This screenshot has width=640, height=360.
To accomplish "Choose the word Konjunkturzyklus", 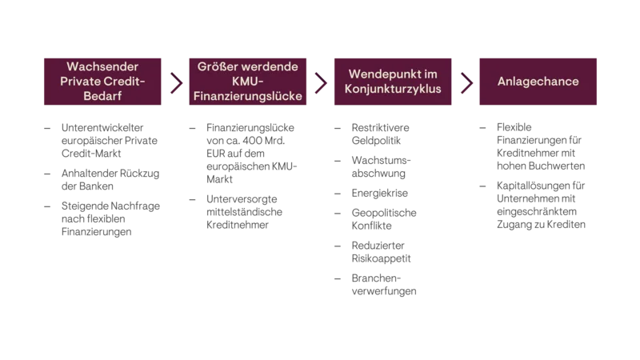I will click(x=394, y=90).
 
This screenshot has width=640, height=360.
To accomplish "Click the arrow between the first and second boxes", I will click(x=173, y=82).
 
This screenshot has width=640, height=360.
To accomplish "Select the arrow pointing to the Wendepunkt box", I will click(x=320, y=82).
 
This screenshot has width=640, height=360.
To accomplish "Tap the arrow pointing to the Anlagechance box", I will click(x=464, y=82).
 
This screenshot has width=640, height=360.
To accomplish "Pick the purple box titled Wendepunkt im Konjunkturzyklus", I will click(x=394, y=82).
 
